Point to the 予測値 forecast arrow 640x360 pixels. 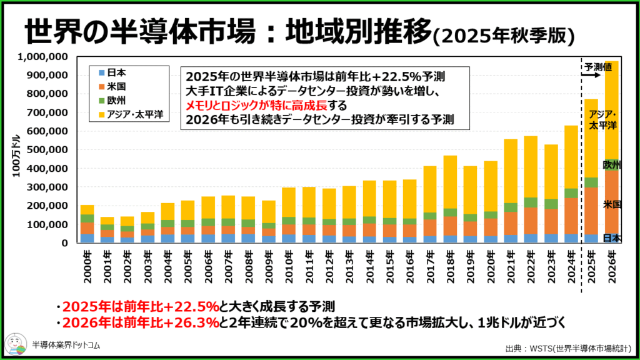(x=588, y=73)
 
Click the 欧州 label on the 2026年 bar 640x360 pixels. (x=612, y=165)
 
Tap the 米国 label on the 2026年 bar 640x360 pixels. (x=612, y=204)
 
